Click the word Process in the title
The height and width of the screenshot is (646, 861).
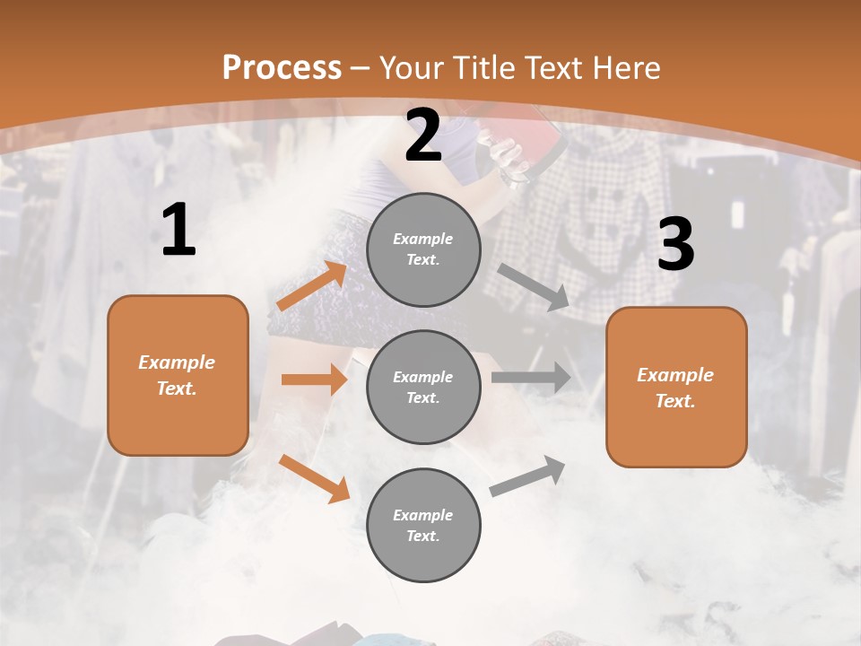(282, 68)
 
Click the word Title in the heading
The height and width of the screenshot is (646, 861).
(483, 68)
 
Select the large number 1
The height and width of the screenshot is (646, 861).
(178, 231)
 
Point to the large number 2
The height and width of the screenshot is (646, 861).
(423, 136)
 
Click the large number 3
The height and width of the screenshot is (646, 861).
(675, 244)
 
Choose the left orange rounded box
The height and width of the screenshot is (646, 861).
(178, 375)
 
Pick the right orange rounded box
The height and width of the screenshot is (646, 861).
(676, 387)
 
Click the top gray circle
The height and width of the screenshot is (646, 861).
(423, 249)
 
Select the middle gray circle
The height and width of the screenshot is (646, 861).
(423, 387)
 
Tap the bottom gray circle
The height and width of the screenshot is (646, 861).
(423, 525)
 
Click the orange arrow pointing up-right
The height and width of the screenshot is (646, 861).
(312, 287)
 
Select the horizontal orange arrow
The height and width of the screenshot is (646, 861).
(314, 380)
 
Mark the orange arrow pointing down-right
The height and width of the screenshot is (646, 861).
(314, 477)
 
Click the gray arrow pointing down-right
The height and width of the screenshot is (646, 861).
(534, 287)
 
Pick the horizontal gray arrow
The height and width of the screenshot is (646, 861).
(531, 377)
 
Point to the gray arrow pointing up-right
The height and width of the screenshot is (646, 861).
(527, 476)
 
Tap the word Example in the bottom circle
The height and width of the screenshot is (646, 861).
(422, 515)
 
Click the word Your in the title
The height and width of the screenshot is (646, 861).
(411, 68)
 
